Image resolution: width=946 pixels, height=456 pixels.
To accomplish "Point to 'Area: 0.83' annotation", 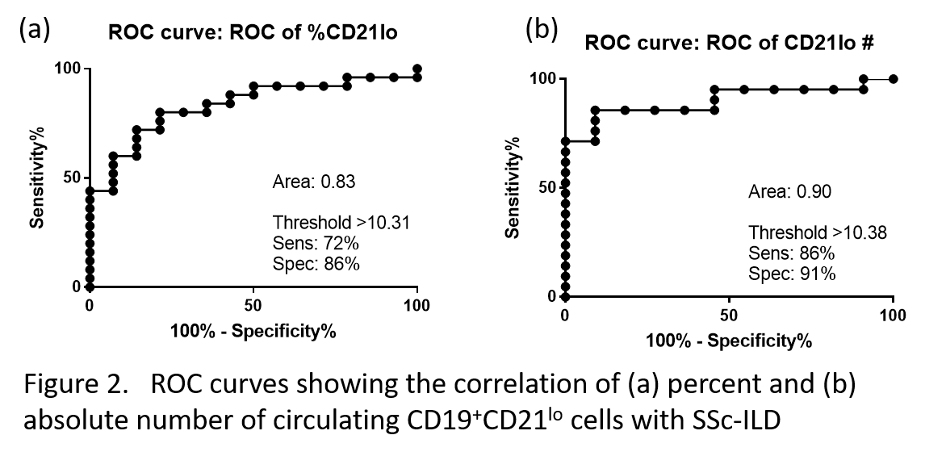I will pos(314,182).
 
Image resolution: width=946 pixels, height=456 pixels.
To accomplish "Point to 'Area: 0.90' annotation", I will pos(789,192).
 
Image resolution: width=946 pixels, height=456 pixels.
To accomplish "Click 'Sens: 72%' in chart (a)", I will pos(310,243).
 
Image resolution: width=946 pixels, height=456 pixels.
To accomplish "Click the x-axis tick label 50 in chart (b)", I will pos(729,315).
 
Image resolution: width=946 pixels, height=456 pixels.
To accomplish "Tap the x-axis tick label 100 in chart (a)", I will pos(416,306).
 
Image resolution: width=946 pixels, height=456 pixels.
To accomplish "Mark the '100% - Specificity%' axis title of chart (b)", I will pos(729,341).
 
